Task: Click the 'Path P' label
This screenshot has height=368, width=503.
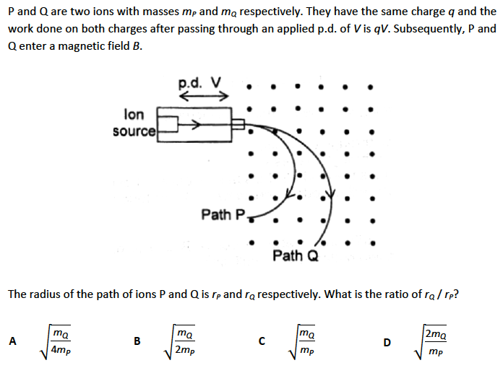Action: [x=223, y=214]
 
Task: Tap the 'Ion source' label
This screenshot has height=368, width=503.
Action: [x=134, y=123]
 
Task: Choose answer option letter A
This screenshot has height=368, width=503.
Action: [x=12, y=342]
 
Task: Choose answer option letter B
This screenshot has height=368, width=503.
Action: [x=137, y=342]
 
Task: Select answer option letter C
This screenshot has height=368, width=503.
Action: [x=262, y=342]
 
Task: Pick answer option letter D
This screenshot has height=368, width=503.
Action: [x=387, y=342]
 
